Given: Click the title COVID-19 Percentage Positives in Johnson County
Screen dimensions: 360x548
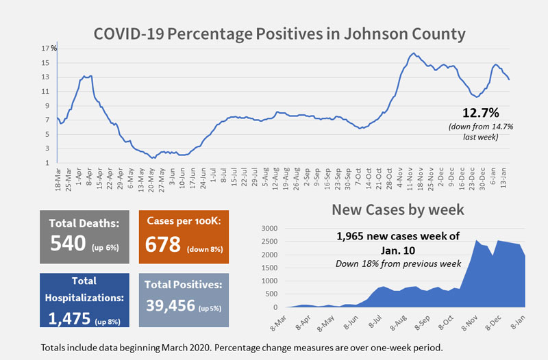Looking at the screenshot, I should point(279,33).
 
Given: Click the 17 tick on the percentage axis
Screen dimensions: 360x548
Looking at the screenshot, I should point(45,48).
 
